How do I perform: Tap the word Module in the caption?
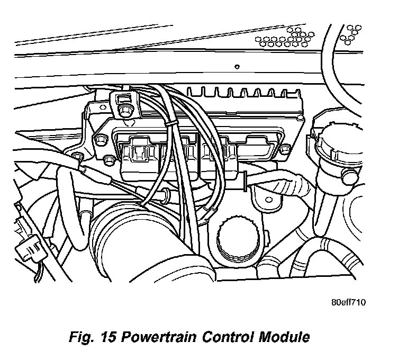tap(284, 336)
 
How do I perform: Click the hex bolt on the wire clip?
tap(125, 110)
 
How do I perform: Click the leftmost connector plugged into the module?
tap(139, 154)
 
